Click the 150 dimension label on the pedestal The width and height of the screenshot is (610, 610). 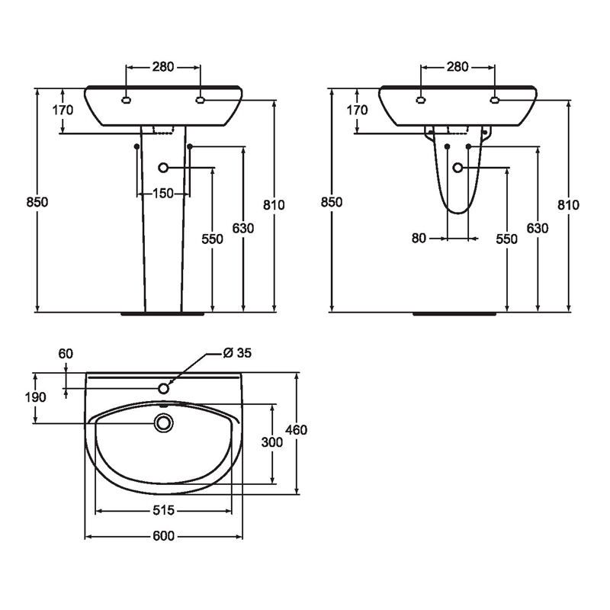coord(163,193)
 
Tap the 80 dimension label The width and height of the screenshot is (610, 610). coord(419,238)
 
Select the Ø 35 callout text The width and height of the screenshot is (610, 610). coord(237,352)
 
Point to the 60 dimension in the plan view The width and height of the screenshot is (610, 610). coord(66,354)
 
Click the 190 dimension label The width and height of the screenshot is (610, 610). coord(35,397)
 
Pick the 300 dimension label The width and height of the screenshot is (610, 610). coord(272,442)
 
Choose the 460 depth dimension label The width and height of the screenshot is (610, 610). coord(297,430)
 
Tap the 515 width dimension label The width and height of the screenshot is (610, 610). coord(163,510)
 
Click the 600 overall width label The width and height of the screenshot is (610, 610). coord(163,536)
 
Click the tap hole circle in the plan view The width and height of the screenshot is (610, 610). coord(164,388)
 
